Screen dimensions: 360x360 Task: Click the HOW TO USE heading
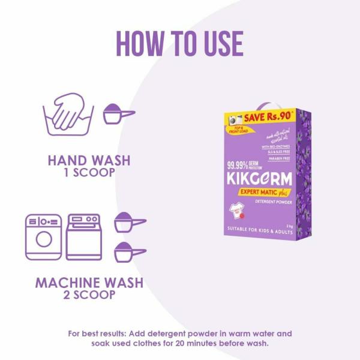(179, 43)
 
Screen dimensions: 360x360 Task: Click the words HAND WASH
(89, 161)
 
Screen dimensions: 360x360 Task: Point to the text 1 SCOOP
(89, 173)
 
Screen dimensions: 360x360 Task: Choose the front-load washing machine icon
(43, 236)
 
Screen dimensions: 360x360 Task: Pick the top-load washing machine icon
(83, 236)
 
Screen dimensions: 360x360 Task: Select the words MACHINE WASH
(89, 282)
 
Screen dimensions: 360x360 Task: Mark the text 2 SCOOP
(89, 295)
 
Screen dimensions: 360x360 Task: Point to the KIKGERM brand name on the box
(260, 179)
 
